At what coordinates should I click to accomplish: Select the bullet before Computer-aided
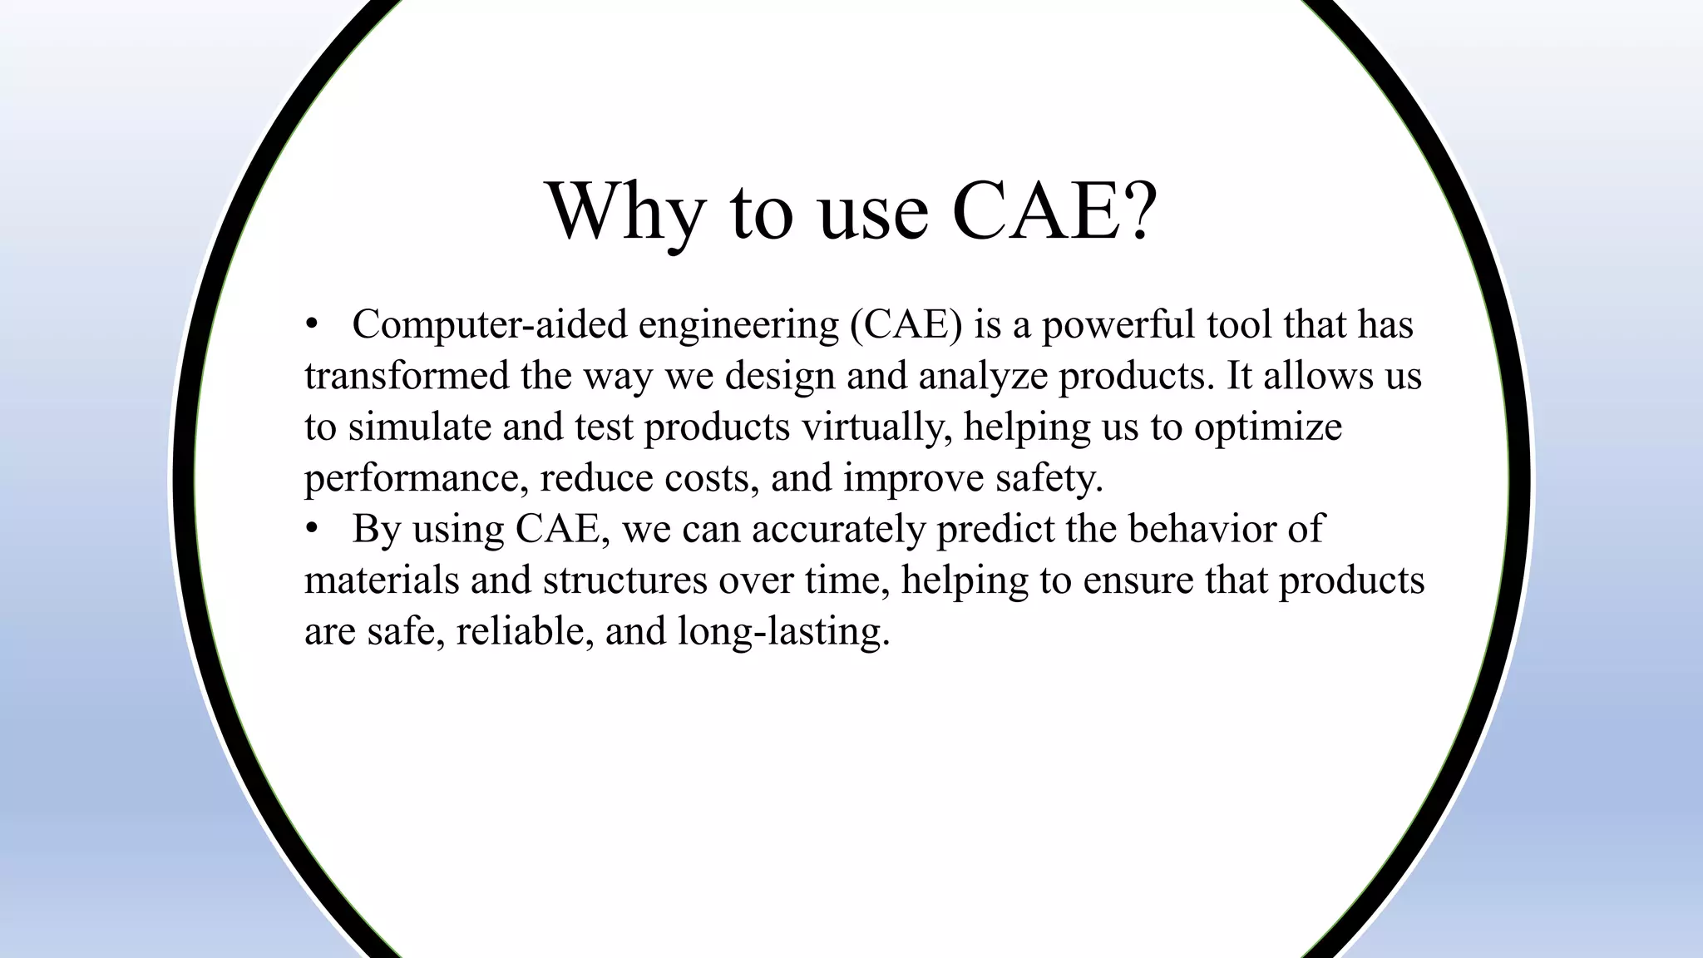(312, 325)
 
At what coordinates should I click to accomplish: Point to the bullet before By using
(312, 530)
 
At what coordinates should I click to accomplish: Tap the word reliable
(525, 631)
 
